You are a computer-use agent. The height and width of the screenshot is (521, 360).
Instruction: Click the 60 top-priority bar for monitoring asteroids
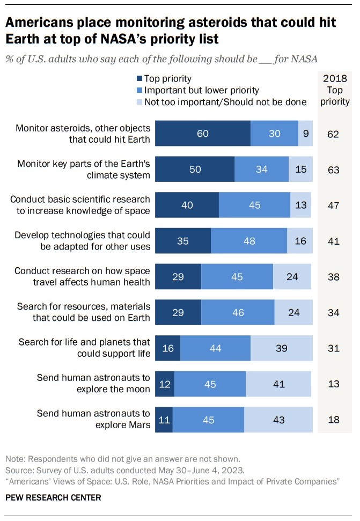[202, 134]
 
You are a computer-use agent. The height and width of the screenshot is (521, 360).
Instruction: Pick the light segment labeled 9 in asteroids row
[305, 134]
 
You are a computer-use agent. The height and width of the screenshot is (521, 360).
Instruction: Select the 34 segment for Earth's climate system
[261, 169]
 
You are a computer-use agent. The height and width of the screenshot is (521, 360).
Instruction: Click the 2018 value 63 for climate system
[334, 169]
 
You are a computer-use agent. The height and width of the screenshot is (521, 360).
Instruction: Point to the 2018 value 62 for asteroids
[334, 134]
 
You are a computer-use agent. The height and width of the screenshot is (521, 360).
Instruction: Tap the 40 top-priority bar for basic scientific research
[187, 205]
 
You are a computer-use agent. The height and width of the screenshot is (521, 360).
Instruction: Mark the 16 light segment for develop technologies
[299, 241]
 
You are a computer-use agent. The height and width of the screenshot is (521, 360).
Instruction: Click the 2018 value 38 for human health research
[334, 276]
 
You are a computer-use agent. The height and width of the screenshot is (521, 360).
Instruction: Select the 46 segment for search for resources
[238, 312]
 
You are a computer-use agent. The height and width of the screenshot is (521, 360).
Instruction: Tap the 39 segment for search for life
[281, 348]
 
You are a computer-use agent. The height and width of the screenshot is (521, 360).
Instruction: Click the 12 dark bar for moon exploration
[164, 384]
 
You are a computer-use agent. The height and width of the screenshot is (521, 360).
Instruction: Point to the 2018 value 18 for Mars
[334, 419]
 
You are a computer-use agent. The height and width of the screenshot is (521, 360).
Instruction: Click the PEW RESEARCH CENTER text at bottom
[53, 497]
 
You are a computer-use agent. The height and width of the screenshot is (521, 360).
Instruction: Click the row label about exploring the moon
[93, 384]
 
